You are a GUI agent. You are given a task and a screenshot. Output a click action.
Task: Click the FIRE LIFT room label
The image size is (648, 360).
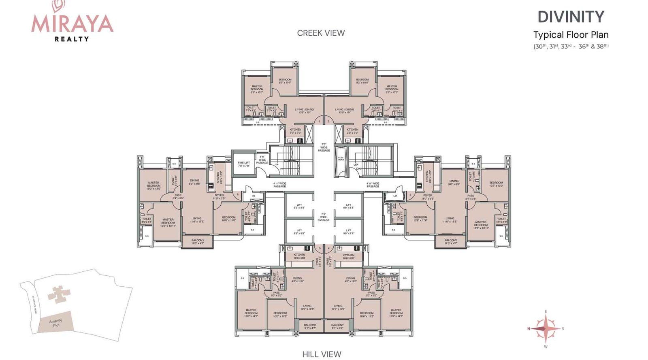pos(244,164)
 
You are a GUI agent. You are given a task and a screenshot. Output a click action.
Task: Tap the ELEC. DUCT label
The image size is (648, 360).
pos(341,159)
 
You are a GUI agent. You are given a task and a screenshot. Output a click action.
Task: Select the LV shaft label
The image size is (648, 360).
pos(395,196)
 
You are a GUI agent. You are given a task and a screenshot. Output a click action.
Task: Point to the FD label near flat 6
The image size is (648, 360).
pos(254,196)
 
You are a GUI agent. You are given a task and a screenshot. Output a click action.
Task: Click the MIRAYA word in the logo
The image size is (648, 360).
pos(72,23)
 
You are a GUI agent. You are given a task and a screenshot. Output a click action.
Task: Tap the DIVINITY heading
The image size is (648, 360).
pos(571,17)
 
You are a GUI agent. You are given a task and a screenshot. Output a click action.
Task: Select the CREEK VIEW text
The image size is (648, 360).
pos(321,33)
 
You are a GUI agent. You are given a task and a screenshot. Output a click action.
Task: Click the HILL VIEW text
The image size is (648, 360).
pos(322,354)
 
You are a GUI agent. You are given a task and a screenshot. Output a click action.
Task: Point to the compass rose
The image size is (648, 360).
pos(546,328)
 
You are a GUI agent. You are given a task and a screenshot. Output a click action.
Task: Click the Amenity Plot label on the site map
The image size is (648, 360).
pos(56,323)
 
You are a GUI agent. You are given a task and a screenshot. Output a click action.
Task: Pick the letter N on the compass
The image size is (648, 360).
pos(529,329)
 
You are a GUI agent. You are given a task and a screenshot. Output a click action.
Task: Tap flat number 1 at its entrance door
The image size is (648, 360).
pos(319,121)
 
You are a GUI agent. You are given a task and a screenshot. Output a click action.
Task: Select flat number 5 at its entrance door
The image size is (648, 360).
pos(320,248)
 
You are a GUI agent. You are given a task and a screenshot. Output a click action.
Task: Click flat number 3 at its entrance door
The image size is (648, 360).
pos(410,195)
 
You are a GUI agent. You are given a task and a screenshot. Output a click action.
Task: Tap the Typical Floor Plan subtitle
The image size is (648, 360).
pos(571,35)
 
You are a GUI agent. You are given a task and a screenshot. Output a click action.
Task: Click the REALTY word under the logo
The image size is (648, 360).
pos(72,39)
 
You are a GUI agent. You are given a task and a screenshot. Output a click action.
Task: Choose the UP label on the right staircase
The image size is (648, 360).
pos(356,165)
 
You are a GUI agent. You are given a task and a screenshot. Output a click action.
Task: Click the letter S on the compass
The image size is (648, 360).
pos(563,329)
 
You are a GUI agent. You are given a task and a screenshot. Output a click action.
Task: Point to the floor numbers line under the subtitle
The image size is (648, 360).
pos(571,46)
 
